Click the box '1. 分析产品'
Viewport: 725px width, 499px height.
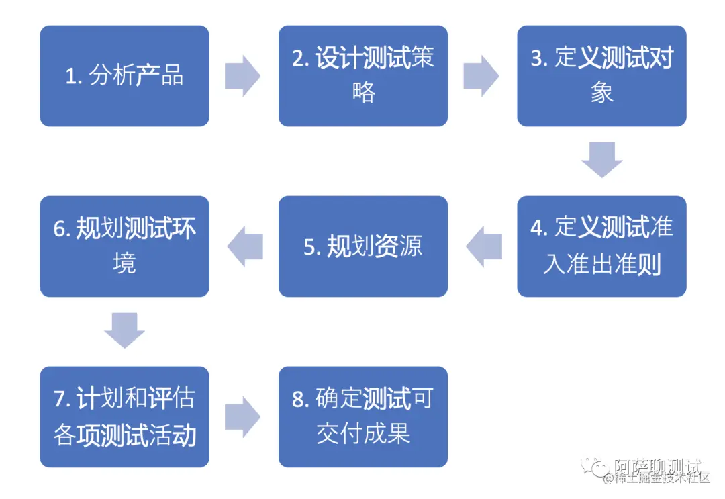(124, 76)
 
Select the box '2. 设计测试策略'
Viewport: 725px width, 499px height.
(362, 76)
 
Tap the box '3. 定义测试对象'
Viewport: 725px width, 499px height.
(601, 76)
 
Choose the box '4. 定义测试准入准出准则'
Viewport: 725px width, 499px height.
(601, 246)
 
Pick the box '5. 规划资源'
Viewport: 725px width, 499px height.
(362, 246)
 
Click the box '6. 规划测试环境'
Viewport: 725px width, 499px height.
(124, 246)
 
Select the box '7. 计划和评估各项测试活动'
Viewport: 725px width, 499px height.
(124, 417)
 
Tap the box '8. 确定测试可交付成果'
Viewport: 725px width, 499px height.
(362, 417)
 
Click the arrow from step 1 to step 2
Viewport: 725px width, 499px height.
(243, 76)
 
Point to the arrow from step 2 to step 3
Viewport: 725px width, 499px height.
(481, 76)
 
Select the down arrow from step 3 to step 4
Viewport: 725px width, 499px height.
(601, 160)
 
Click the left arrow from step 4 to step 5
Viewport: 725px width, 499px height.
(483, 246)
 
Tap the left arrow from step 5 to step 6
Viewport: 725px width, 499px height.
(244, 246)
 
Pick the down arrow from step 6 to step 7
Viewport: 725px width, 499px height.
(124, 330)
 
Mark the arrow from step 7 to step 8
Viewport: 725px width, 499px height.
(243, 417)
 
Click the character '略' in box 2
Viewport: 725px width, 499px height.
(363, 92)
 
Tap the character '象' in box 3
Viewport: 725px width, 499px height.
(601, 93)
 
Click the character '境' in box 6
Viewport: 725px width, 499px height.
(124, 263)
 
